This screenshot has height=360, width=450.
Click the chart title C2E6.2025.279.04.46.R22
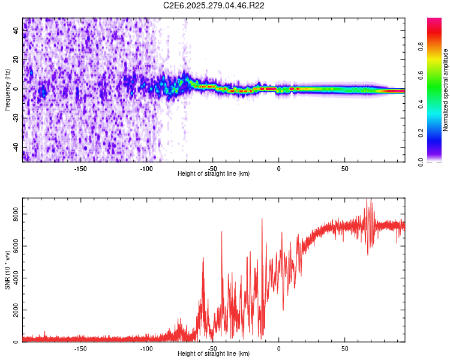(214, 6)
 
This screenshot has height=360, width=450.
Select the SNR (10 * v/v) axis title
(7, 270)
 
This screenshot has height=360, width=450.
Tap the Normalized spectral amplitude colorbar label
(445, 90)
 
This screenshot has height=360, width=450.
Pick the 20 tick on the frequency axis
(16, 59)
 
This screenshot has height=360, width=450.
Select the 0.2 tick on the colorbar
(421, 133)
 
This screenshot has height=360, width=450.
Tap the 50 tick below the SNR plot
(344, 349)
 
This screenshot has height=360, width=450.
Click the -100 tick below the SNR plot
(146, 349)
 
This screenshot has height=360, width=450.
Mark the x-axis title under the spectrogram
(214, 174)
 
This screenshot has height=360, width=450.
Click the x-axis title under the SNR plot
(214, 354)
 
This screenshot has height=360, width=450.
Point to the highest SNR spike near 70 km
(370, 200)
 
